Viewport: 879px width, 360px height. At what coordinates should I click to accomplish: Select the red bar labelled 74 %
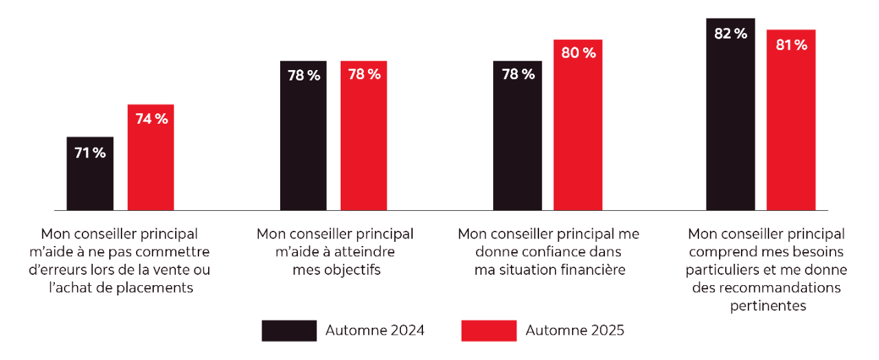150,165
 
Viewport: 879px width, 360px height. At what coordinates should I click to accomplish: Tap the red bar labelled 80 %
578,131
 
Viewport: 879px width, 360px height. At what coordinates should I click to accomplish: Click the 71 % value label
90,153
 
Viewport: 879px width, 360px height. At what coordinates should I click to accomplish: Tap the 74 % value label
151,119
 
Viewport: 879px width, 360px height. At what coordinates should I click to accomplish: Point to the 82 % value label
730,33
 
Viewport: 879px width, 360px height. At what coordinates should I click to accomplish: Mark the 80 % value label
578,53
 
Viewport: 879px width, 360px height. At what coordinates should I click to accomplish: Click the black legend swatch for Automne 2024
289,330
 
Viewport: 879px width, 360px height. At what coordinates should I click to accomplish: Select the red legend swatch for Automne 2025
489,330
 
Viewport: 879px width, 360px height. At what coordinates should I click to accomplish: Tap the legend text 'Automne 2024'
374,330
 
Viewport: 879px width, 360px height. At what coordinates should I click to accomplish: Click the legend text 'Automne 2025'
575,330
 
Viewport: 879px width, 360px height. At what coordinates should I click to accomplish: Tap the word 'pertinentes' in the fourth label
768,306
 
